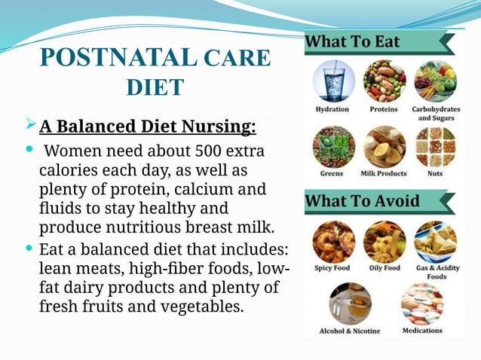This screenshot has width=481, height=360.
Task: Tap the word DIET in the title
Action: [154, 87]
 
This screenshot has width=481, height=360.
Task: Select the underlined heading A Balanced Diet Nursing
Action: [148, 124]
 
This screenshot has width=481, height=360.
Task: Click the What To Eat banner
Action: [352, 41]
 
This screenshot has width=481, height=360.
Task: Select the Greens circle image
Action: [332, 145]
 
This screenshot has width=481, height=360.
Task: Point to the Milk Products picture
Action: [384, 145]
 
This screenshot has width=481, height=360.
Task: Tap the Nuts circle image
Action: [435, 145]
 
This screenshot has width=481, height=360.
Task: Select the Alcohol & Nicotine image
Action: [349, 303]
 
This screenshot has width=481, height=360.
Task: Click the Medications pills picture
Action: [422, 303]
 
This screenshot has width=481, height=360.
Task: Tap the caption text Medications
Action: [422, 330]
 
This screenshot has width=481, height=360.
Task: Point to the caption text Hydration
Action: [332, 109]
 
